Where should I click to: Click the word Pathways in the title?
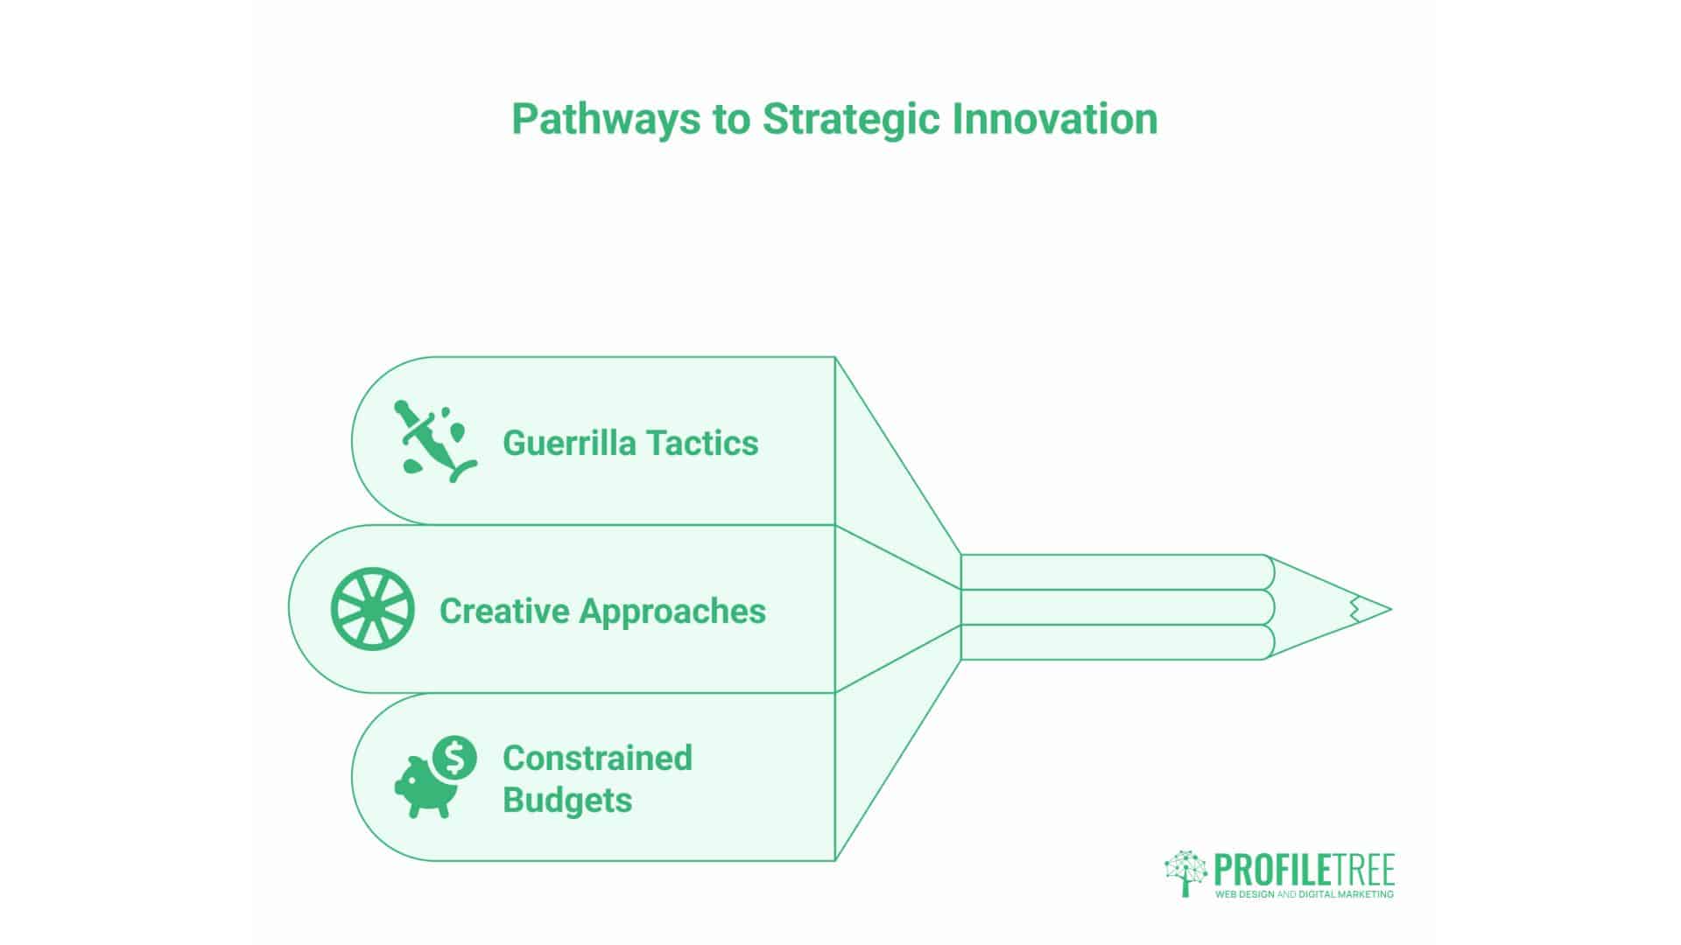tap(606, 120)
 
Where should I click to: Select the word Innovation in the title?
tap(1055, 119)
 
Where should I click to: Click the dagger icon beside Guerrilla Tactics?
tap(435, 442)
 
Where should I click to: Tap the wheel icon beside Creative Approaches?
tap(372, 609)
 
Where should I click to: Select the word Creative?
tap(503, 611)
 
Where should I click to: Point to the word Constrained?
tap(597, 758)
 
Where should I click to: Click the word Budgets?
tap(567, 801)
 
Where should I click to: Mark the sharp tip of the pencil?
tap(1390, 609)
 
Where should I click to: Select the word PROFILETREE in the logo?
tap(1304, 871)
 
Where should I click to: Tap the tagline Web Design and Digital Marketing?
tap(1304, 894)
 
